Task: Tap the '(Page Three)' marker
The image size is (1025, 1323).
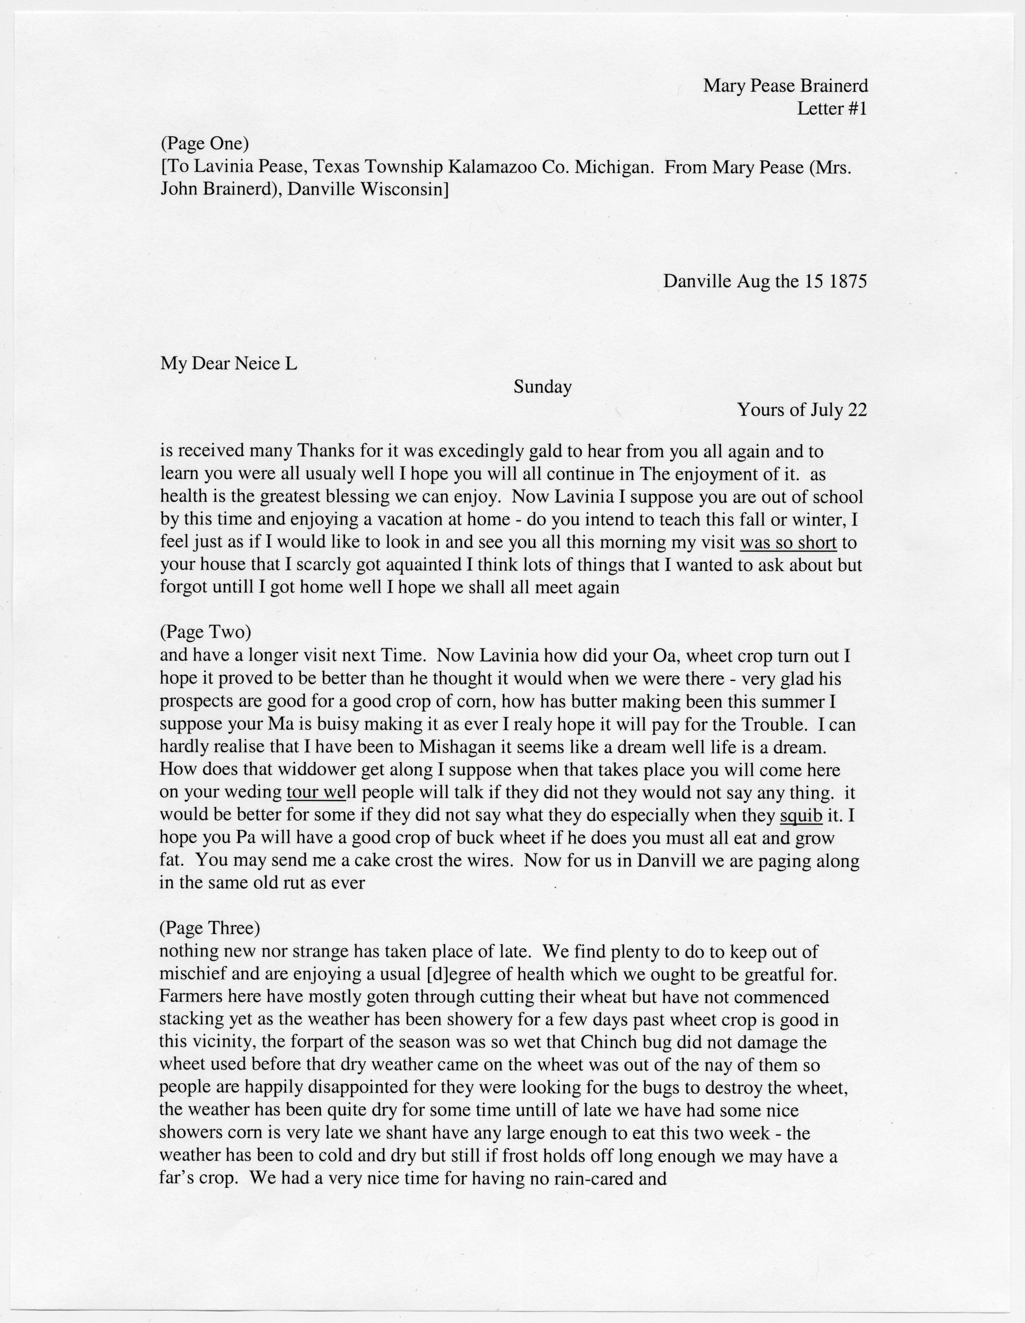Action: pos(209,927)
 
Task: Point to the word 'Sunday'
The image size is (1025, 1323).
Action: pos(542,387)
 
